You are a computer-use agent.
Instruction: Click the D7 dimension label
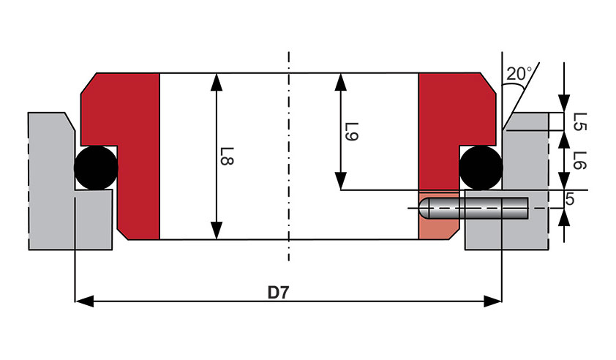278,293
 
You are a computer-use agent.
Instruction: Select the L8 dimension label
227,156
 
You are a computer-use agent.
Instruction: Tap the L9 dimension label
351,132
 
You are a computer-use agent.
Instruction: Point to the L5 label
580,122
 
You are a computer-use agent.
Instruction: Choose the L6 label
580,160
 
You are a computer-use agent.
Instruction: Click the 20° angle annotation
519,73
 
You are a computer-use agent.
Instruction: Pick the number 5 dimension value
570,199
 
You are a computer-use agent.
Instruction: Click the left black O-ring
96,168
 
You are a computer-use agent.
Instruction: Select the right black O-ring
481,168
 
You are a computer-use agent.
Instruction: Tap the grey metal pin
473,208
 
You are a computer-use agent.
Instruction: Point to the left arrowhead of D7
84,301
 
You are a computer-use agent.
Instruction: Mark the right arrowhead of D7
492,301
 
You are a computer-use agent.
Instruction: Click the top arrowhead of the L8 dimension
217,82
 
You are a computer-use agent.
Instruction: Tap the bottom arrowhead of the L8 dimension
217,230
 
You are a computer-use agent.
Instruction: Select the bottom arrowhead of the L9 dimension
341,181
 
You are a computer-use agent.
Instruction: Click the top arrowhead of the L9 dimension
341,82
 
